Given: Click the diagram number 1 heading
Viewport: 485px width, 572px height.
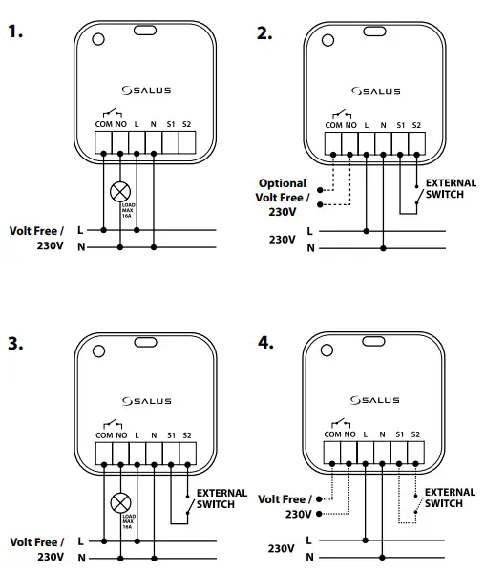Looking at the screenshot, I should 15,32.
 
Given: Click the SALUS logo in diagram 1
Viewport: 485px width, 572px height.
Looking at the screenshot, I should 146,91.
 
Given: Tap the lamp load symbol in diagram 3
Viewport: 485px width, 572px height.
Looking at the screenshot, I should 120,501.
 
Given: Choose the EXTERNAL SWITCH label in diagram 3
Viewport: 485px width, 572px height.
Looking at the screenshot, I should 221,498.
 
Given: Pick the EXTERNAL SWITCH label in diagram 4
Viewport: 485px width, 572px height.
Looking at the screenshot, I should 450,498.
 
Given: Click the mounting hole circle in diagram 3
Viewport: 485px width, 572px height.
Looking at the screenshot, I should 98,349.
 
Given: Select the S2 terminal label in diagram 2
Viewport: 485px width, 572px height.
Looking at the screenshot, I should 416,125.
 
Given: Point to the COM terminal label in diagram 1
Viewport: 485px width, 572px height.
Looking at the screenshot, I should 103,126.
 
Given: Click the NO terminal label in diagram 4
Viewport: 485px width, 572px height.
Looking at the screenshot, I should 350,435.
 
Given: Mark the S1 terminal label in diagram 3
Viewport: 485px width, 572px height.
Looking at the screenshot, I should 170,435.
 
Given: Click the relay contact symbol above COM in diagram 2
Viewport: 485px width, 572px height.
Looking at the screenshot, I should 340,113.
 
